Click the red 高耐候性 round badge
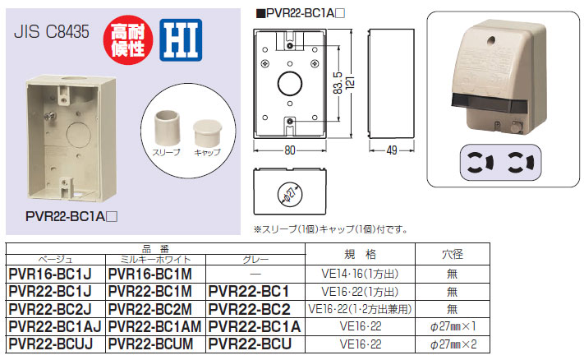point(128,40)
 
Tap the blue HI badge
point(181,40)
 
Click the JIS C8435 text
point(52,32)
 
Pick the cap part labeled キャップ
point(207,133)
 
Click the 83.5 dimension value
point(338,83)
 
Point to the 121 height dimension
point(350,82)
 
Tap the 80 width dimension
point(290,150)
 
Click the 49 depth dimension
point(392,150)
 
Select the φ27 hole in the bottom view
point(290,194)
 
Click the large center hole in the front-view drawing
point(290,83)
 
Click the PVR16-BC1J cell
point(50,275)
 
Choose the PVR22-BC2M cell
point(150,309)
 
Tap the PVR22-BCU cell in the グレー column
point(250,344)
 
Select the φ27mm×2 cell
point(453,344)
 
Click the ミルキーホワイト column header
point(155,260)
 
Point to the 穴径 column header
point(453,254)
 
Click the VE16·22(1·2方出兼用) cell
point(360,309)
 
